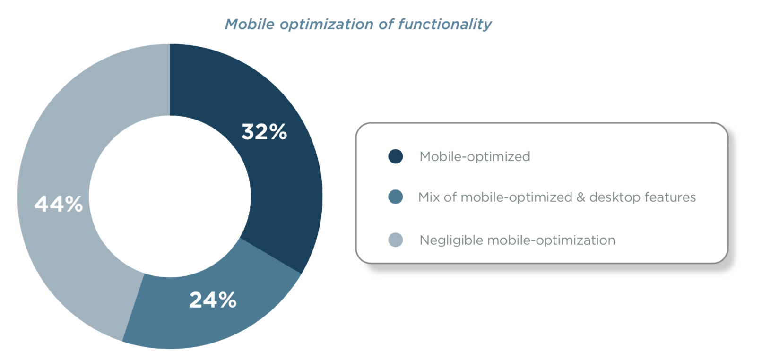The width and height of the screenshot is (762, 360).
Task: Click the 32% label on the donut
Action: tap(264, 131)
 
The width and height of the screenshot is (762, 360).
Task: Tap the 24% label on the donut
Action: tap(213, 300)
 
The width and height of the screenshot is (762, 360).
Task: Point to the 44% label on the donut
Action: tap(59, 204)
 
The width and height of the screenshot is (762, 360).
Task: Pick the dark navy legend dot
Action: tap(396, 156)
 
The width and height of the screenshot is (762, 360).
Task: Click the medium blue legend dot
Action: tap(396, 197)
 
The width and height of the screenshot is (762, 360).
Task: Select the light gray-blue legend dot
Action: tap(396, 240)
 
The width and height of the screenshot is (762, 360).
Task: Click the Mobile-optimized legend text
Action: tap(475, 157)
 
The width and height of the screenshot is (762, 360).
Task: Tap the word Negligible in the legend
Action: tap(451, 240)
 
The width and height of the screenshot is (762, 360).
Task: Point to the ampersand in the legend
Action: tap(580, 197)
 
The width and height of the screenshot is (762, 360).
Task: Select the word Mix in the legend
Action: tap(429, 197)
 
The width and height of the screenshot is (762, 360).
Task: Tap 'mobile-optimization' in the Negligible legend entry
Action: tap(551, 240)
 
